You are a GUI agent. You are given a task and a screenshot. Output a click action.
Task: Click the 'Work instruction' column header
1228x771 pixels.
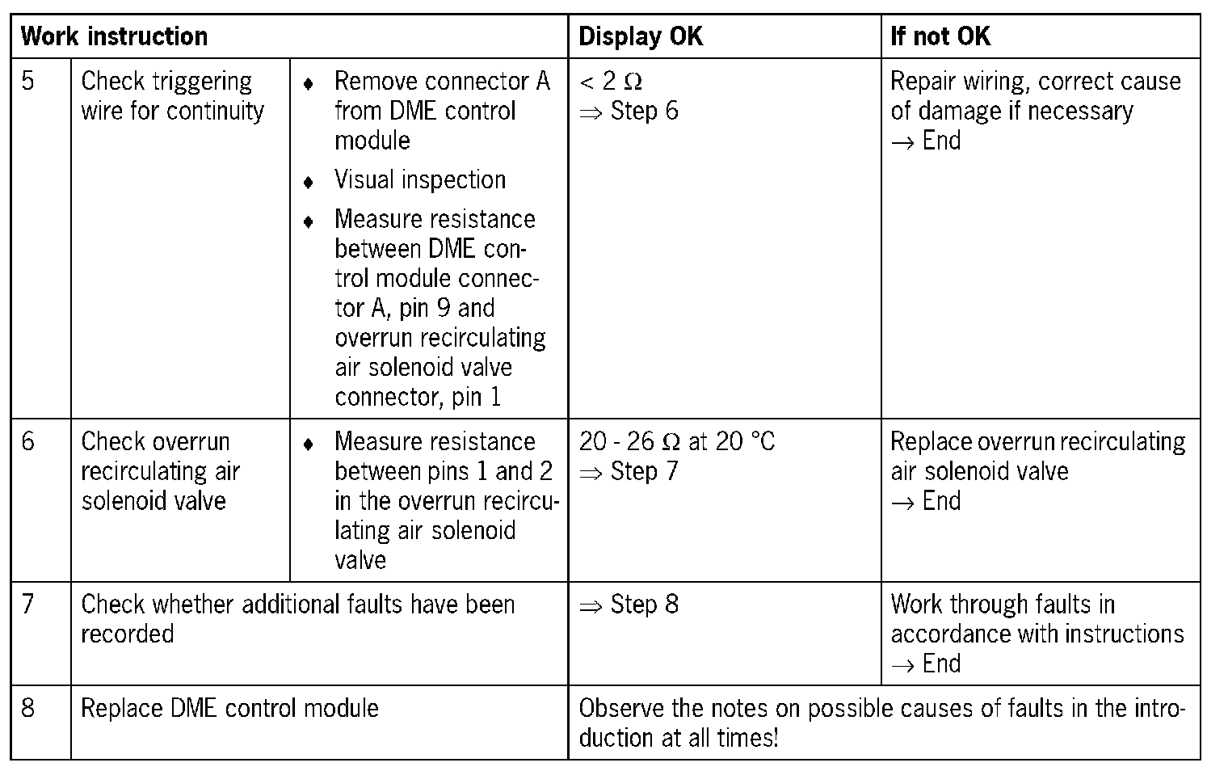(114, 36)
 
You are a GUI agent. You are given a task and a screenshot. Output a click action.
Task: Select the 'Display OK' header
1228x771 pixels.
(641, 36)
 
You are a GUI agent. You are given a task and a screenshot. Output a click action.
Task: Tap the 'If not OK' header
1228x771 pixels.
(940, 36)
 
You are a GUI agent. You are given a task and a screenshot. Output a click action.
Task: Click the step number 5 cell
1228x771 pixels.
(28, 82)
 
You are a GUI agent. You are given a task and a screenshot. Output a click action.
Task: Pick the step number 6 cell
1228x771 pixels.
(28, 441)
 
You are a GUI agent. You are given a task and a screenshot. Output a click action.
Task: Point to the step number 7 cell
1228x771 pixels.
(28, 605)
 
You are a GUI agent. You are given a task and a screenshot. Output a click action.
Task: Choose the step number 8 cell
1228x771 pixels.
(28, 708)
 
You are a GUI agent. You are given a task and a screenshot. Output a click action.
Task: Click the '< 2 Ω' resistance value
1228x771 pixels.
(611, 82)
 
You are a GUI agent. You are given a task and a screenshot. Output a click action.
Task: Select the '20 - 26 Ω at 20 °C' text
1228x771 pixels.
(676, 441)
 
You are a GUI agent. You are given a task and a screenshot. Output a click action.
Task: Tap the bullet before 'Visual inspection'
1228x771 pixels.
(308, 182)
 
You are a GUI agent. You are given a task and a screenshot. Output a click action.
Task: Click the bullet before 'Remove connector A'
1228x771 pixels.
(308, 84)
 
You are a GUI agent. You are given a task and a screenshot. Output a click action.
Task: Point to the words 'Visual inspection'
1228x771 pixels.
(420, 179)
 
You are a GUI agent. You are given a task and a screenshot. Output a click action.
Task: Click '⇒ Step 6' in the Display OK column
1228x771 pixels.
(629, 111)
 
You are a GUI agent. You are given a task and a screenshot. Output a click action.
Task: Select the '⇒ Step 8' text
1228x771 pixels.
(629, 605)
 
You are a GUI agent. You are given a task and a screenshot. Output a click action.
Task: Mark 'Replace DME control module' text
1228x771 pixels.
(229, 708)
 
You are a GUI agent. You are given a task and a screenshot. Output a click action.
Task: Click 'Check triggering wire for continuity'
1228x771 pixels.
(172, 96)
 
